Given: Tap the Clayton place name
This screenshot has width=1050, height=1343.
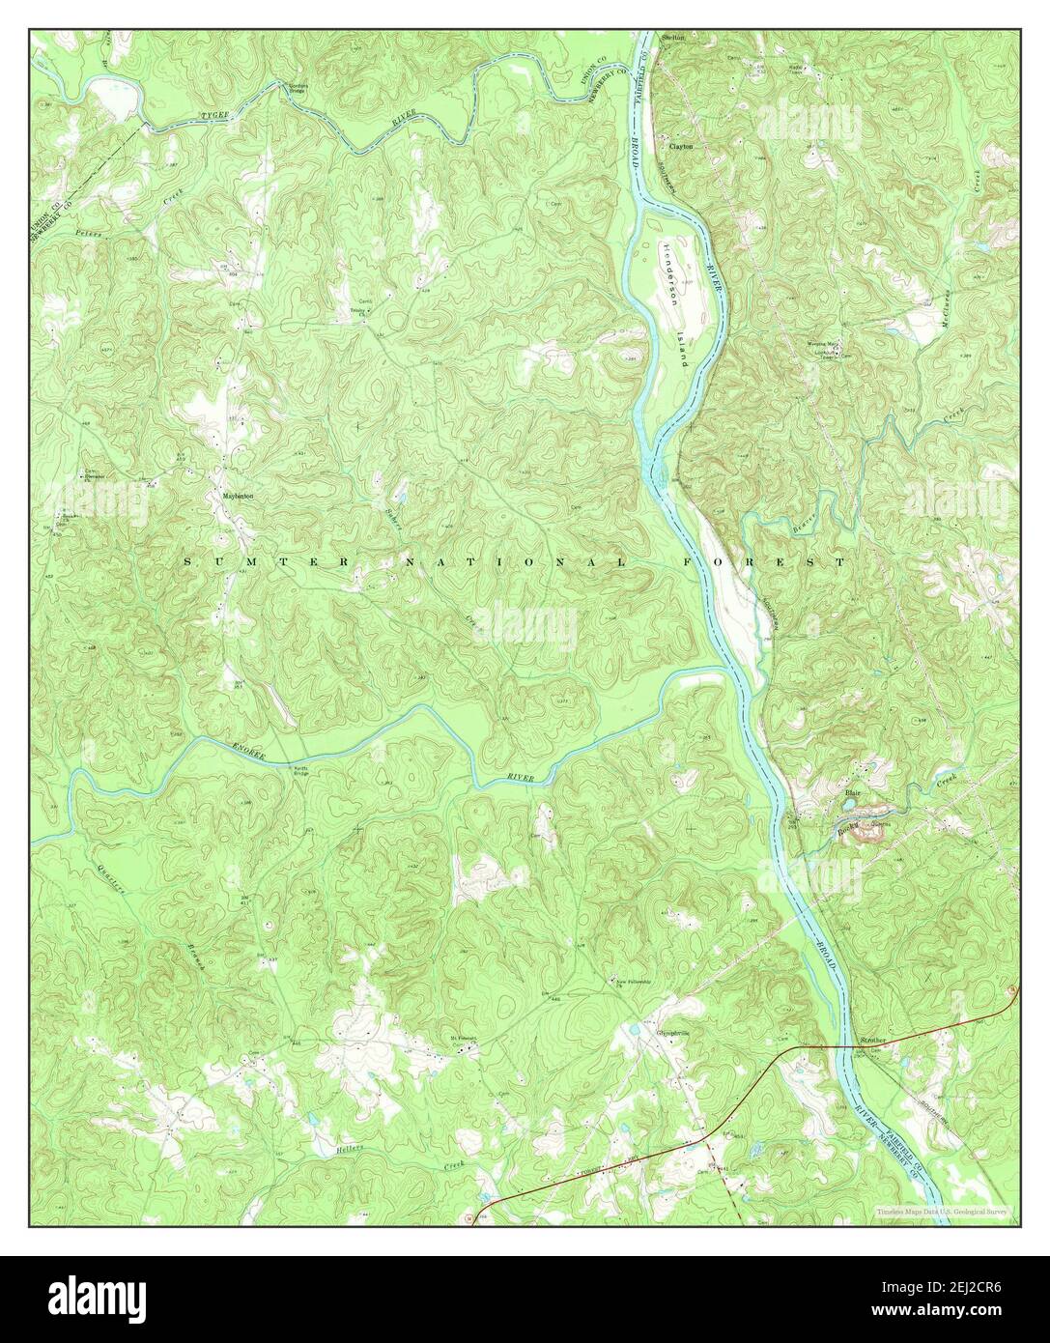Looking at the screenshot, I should tap(681, 146).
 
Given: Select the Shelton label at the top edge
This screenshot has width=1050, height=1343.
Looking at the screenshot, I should tap(673, 38).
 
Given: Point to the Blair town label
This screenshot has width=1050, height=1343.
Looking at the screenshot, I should tap(853, 792).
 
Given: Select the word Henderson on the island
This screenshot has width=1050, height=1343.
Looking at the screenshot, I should tap(669, 275).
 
